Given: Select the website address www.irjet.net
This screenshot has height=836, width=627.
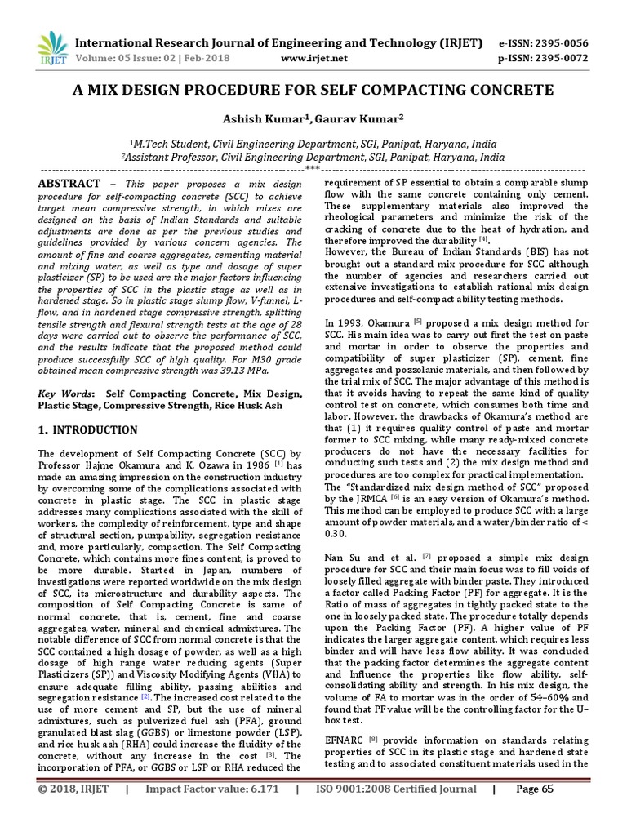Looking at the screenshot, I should click(x=314, y=59).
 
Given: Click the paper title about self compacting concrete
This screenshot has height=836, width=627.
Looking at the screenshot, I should click(x=313, y=90).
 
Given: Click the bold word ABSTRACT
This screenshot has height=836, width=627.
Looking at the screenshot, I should click(x=69, y=184).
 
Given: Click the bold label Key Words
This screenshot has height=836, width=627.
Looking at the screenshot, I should click(x=66, y=394).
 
